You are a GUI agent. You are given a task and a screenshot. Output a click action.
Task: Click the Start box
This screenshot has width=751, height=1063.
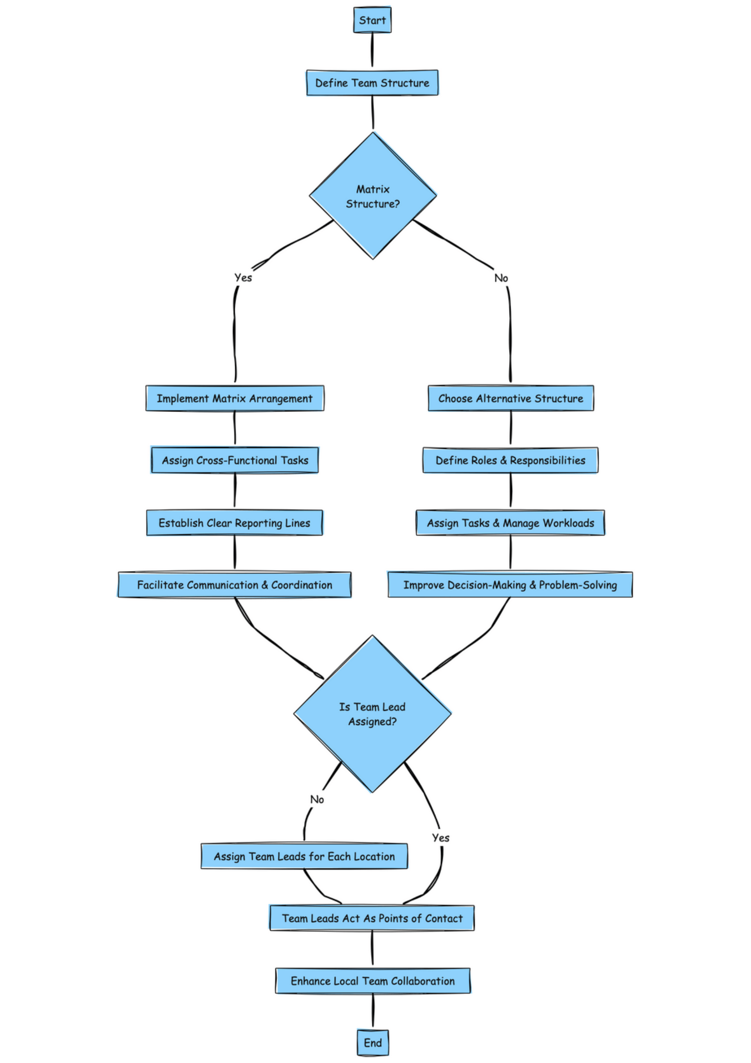point(372,20)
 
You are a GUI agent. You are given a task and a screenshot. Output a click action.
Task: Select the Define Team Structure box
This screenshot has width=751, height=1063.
point(372,83)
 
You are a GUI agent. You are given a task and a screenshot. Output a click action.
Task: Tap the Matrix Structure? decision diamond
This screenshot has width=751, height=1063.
point(372,196)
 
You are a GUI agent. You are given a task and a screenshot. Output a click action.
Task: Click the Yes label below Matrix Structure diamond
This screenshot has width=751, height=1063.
point(243,277)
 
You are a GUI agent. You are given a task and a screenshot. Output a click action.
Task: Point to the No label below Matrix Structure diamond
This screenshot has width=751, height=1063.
point(501,278)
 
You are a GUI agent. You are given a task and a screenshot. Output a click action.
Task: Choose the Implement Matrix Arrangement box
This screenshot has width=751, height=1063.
point(235,398)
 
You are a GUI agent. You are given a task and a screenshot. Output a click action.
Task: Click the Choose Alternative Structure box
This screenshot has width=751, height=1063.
point(511,398)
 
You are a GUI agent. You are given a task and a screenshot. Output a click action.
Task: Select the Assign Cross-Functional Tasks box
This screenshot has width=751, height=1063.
point(235,460)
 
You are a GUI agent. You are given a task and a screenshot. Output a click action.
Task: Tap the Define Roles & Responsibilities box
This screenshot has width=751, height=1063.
point(510,460)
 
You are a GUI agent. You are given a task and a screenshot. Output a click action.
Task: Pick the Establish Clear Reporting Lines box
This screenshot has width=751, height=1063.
point(234,523)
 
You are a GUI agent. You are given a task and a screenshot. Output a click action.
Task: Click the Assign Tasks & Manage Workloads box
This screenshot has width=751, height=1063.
point(510,523)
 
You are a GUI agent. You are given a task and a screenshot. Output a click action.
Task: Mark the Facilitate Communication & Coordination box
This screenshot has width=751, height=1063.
point(234,585)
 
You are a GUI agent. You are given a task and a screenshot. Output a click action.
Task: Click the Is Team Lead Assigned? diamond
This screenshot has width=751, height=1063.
point(372,714)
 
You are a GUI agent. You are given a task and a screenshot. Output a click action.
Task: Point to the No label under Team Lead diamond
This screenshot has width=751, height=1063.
point(317,799)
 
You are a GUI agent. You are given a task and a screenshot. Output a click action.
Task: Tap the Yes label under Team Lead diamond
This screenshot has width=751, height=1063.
point(441,838)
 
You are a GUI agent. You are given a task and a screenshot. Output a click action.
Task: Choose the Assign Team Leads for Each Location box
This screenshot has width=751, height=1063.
point(304,856)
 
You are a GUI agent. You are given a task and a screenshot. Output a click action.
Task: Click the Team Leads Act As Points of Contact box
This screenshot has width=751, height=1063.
point(372,918)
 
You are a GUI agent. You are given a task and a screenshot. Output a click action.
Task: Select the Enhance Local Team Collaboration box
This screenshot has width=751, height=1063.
point(372,981)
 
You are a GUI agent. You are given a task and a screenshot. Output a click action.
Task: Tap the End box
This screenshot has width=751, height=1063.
point(372,1043)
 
